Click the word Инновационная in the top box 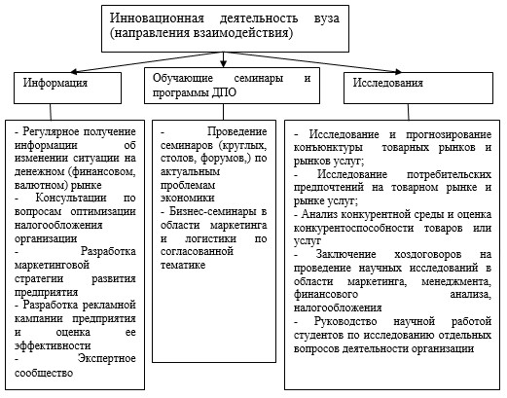157,18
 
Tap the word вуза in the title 327,18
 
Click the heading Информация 55,83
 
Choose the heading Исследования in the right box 388,83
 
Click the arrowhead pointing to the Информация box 74,71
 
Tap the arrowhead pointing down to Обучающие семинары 223,64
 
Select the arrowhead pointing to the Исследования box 398,71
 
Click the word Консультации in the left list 71,198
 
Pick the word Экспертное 107,358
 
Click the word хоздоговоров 427,254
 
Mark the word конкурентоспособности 353,228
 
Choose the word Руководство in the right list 345,321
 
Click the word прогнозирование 449,134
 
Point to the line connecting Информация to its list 51,112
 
